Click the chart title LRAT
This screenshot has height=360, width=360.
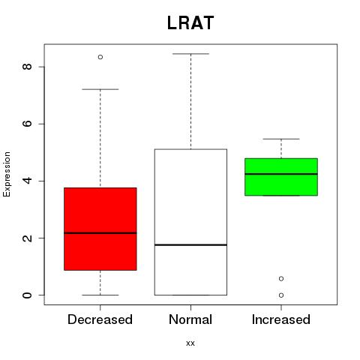tap(190, 22)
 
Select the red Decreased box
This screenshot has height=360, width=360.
tap(100, 229)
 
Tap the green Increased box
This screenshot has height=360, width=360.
tap(281, 177)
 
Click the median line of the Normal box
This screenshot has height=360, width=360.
tap(190, 244)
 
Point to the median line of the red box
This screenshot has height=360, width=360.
tap(100, 233)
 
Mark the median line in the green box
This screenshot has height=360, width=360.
tap(281, 174)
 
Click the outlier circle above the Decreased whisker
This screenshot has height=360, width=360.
tap(100, 57)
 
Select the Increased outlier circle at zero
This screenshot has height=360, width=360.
tap(281, 295)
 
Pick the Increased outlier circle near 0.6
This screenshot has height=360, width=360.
tap(281, 278)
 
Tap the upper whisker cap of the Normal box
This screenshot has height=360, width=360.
tap(190, 54)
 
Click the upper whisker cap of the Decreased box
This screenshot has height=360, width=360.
tap(100, 89)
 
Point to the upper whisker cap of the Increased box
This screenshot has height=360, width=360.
tap(281, 139)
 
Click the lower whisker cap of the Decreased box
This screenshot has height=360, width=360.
tap(100, 295)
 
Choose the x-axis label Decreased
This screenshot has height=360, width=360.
tap(100, 319)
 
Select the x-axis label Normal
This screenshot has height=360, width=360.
tap(190, 319)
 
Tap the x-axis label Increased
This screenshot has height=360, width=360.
tap(281, 319)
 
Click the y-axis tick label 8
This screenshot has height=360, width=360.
tap(27, 67)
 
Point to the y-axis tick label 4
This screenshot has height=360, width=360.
tap(27, 181)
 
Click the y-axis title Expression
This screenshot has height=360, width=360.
tap(7, 174)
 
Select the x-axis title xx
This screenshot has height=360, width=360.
tap(190, 343)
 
